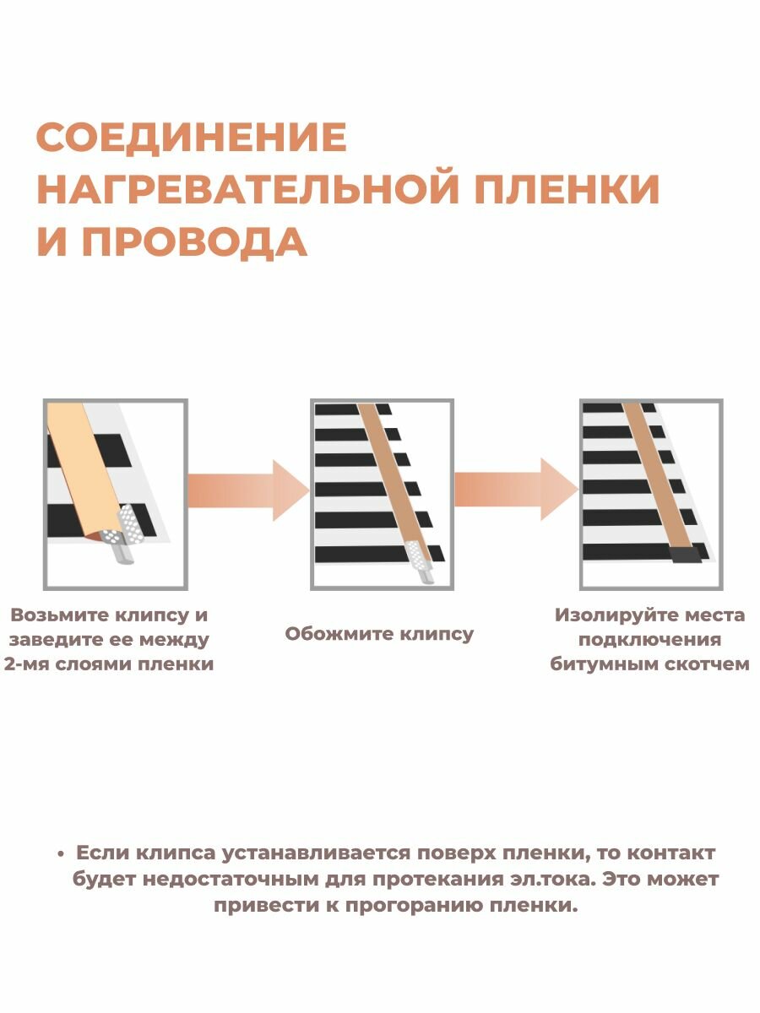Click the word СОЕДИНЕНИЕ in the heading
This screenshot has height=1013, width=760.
pyautogui.click(x=191, y=138)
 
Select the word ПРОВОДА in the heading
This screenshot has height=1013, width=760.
pyautogui.click(x=193, y=242)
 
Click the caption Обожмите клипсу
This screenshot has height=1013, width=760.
pyautogui.click(x=379, y=634)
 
